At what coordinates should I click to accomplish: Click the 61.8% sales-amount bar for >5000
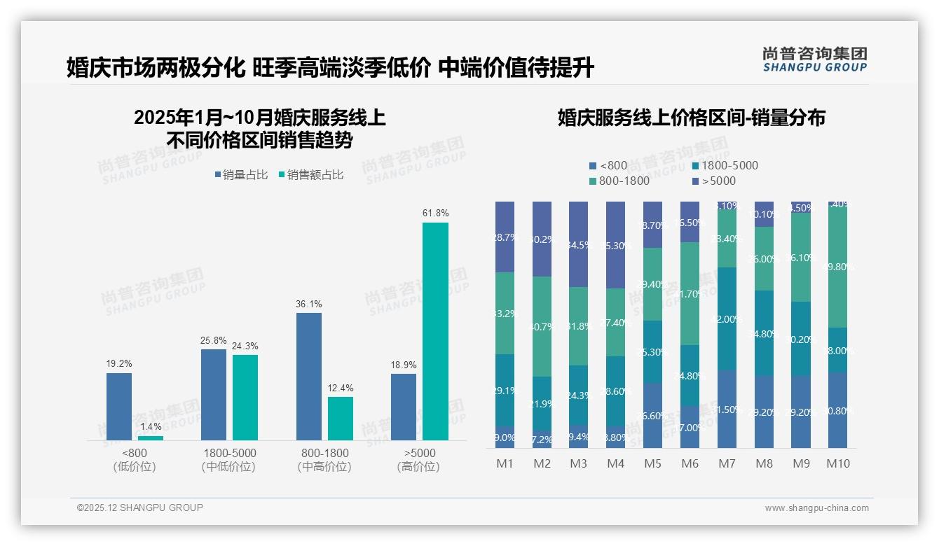[x=435, y=331]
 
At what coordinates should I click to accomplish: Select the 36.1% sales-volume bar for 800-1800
[x=308, y=377]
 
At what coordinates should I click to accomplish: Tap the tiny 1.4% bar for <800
[x=150, y=438]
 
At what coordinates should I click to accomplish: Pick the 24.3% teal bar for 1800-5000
[x=245, y=398]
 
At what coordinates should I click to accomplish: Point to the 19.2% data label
[x=119, y=364]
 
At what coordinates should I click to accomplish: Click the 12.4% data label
[x=341, y=388]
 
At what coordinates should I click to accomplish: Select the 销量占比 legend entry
[x=241, y=175]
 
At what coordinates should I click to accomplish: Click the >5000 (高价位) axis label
[x=418, y=459]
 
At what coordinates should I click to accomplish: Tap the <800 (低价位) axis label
[x=135, y=459]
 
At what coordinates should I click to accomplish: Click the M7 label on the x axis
[x=727, y=463]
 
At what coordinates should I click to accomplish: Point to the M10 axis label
[x=837, y=463]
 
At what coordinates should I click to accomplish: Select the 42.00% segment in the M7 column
[x=727, y=318]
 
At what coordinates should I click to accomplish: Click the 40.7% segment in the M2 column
[x=542, y=326]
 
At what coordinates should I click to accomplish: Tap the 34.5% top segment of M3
[x=578, y=244]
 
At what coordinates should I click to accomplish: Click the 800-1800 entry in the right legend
[x=619, y=181]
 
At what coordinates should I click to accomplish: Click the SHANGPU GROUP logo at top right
[x=814, y=59]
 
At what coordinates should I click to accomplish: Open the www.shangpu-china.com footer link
[x=816, y=508]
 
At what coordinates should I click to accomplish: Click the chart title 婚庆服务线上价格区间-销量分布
[x=691, y=118]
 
